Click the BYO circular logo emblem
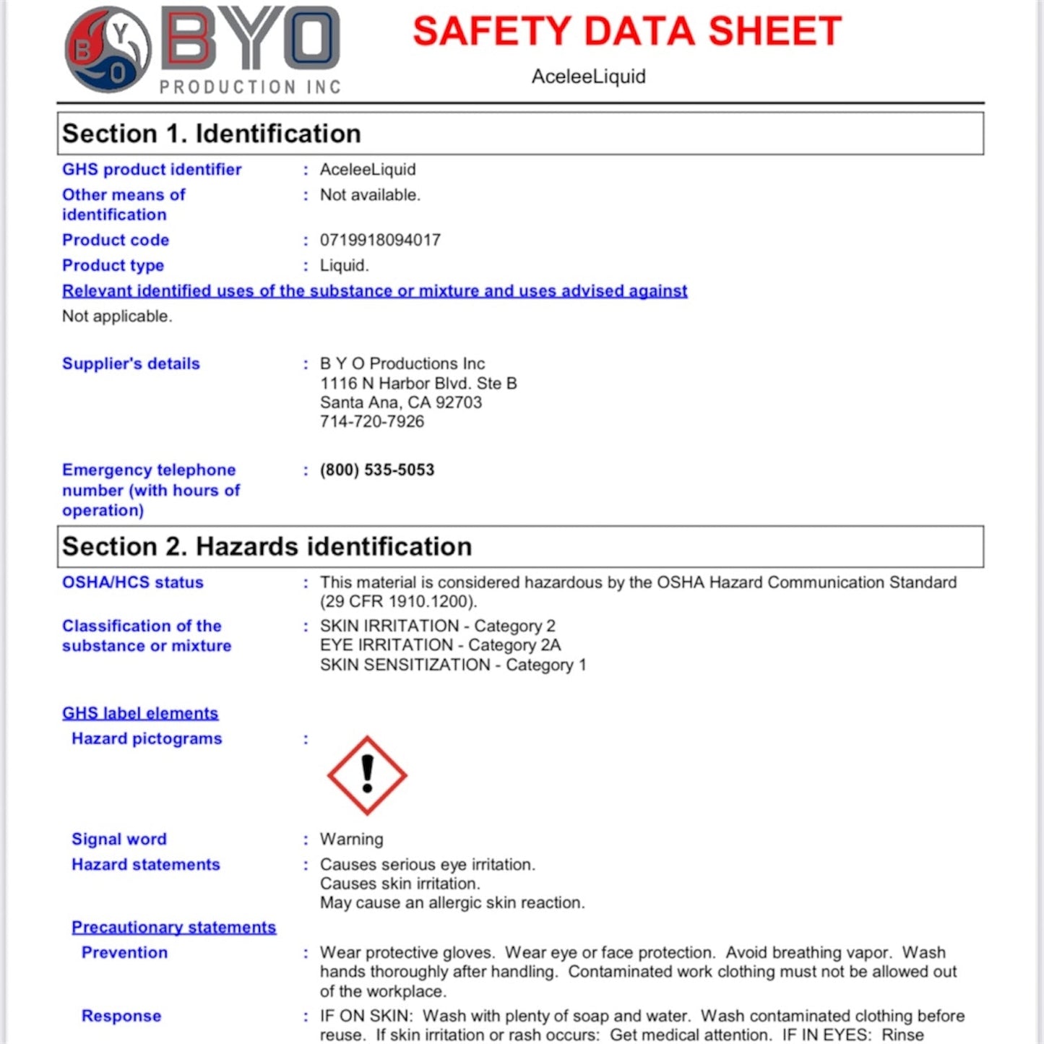pos(108,50)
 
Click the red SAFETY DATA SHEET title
pos(626,32)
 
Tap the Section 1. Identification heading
pos(211,134)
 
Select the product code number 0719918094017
pos(380,240)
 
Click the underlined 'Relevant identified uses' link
pos(374,291)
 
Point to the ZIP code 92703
pos(458,402)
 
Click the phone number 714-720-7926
pos(372,422)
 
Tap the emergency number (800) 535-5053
pos(377,470)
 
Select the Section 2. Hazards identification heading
pos(267,547)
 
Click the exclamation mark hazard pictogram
pos(367,775)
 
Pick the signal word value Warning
pos(351,840)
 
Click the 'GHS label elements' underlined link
pos(140,714)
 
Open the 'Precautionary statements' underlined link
pos(173,928)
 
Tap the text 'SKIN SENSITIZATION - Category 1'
pos(453,665)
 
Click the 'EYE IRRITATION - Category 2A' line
pos(440,645)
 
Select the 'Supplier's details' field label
pos(131,364)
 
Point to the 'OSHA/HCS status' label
pos(133,583)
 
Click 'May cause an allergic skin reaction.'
pos(452,903)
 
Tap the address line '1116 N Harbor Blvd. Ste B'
pos(418,384)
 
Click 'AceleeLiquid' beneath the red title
pos(588,77)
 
